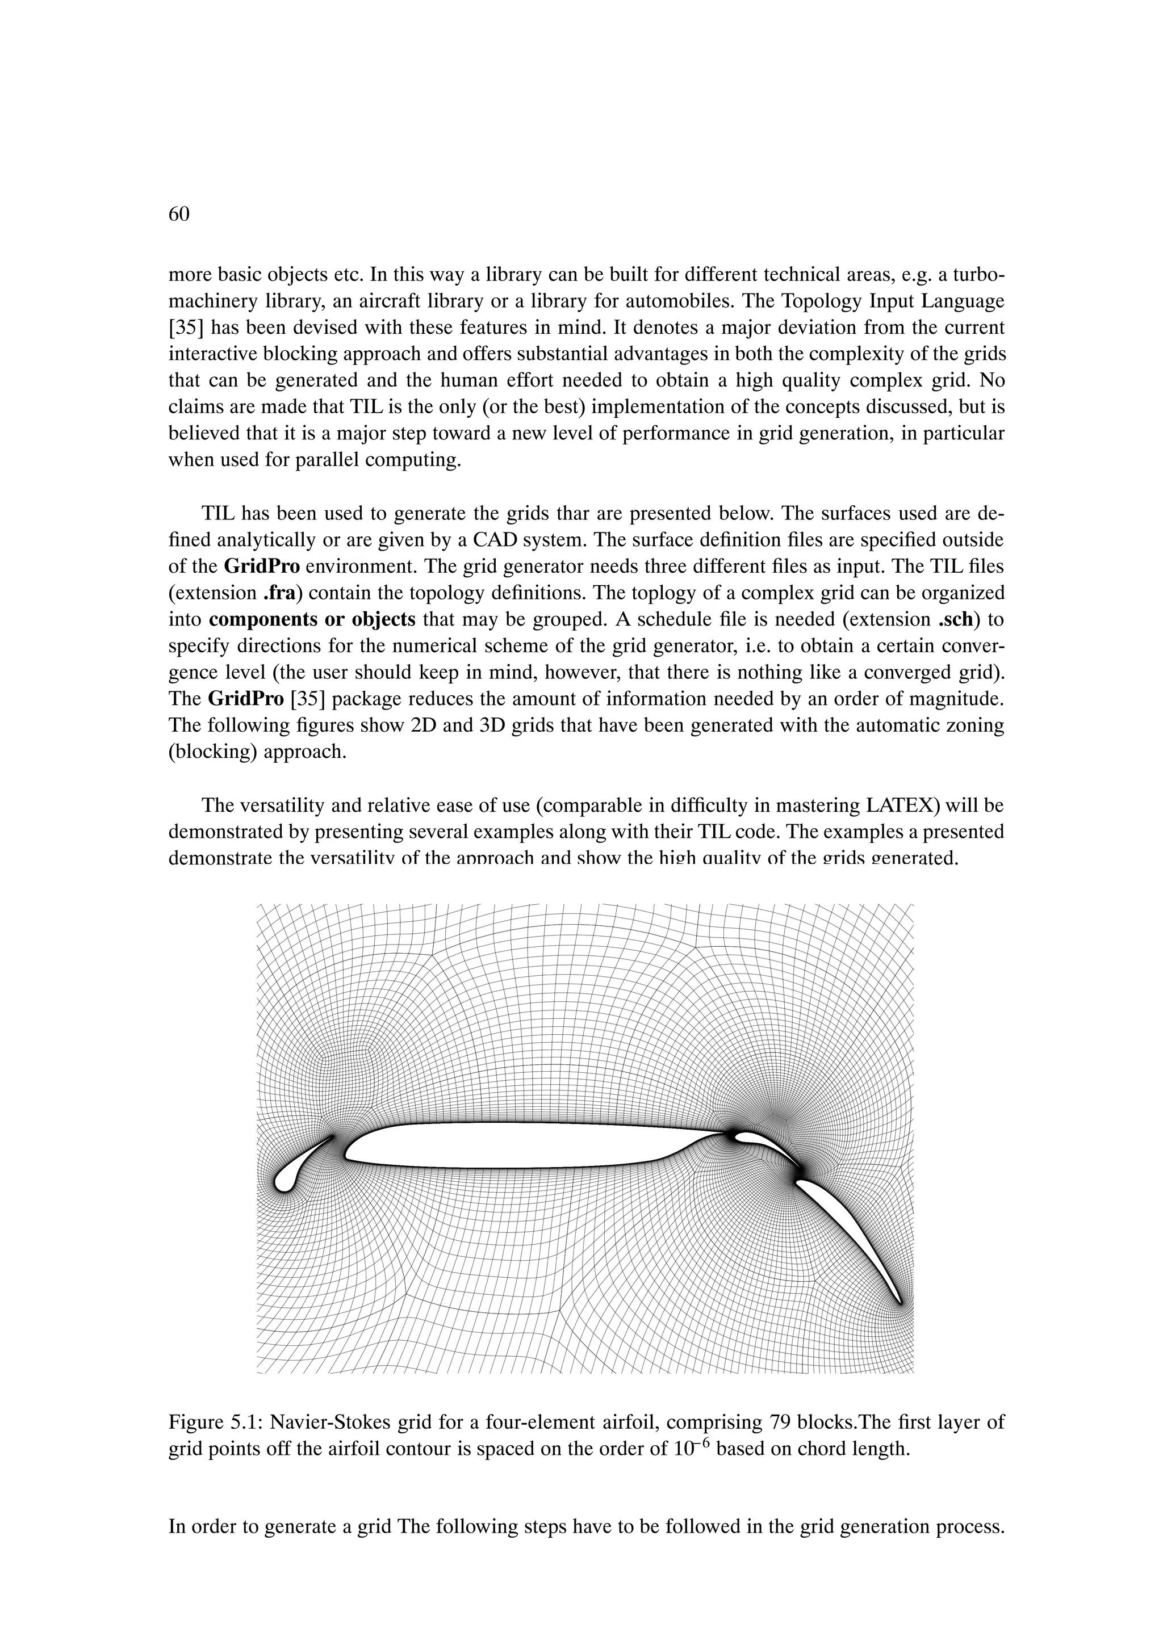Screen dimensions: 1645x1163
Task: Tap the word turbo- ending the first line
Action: click(977, 275)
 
